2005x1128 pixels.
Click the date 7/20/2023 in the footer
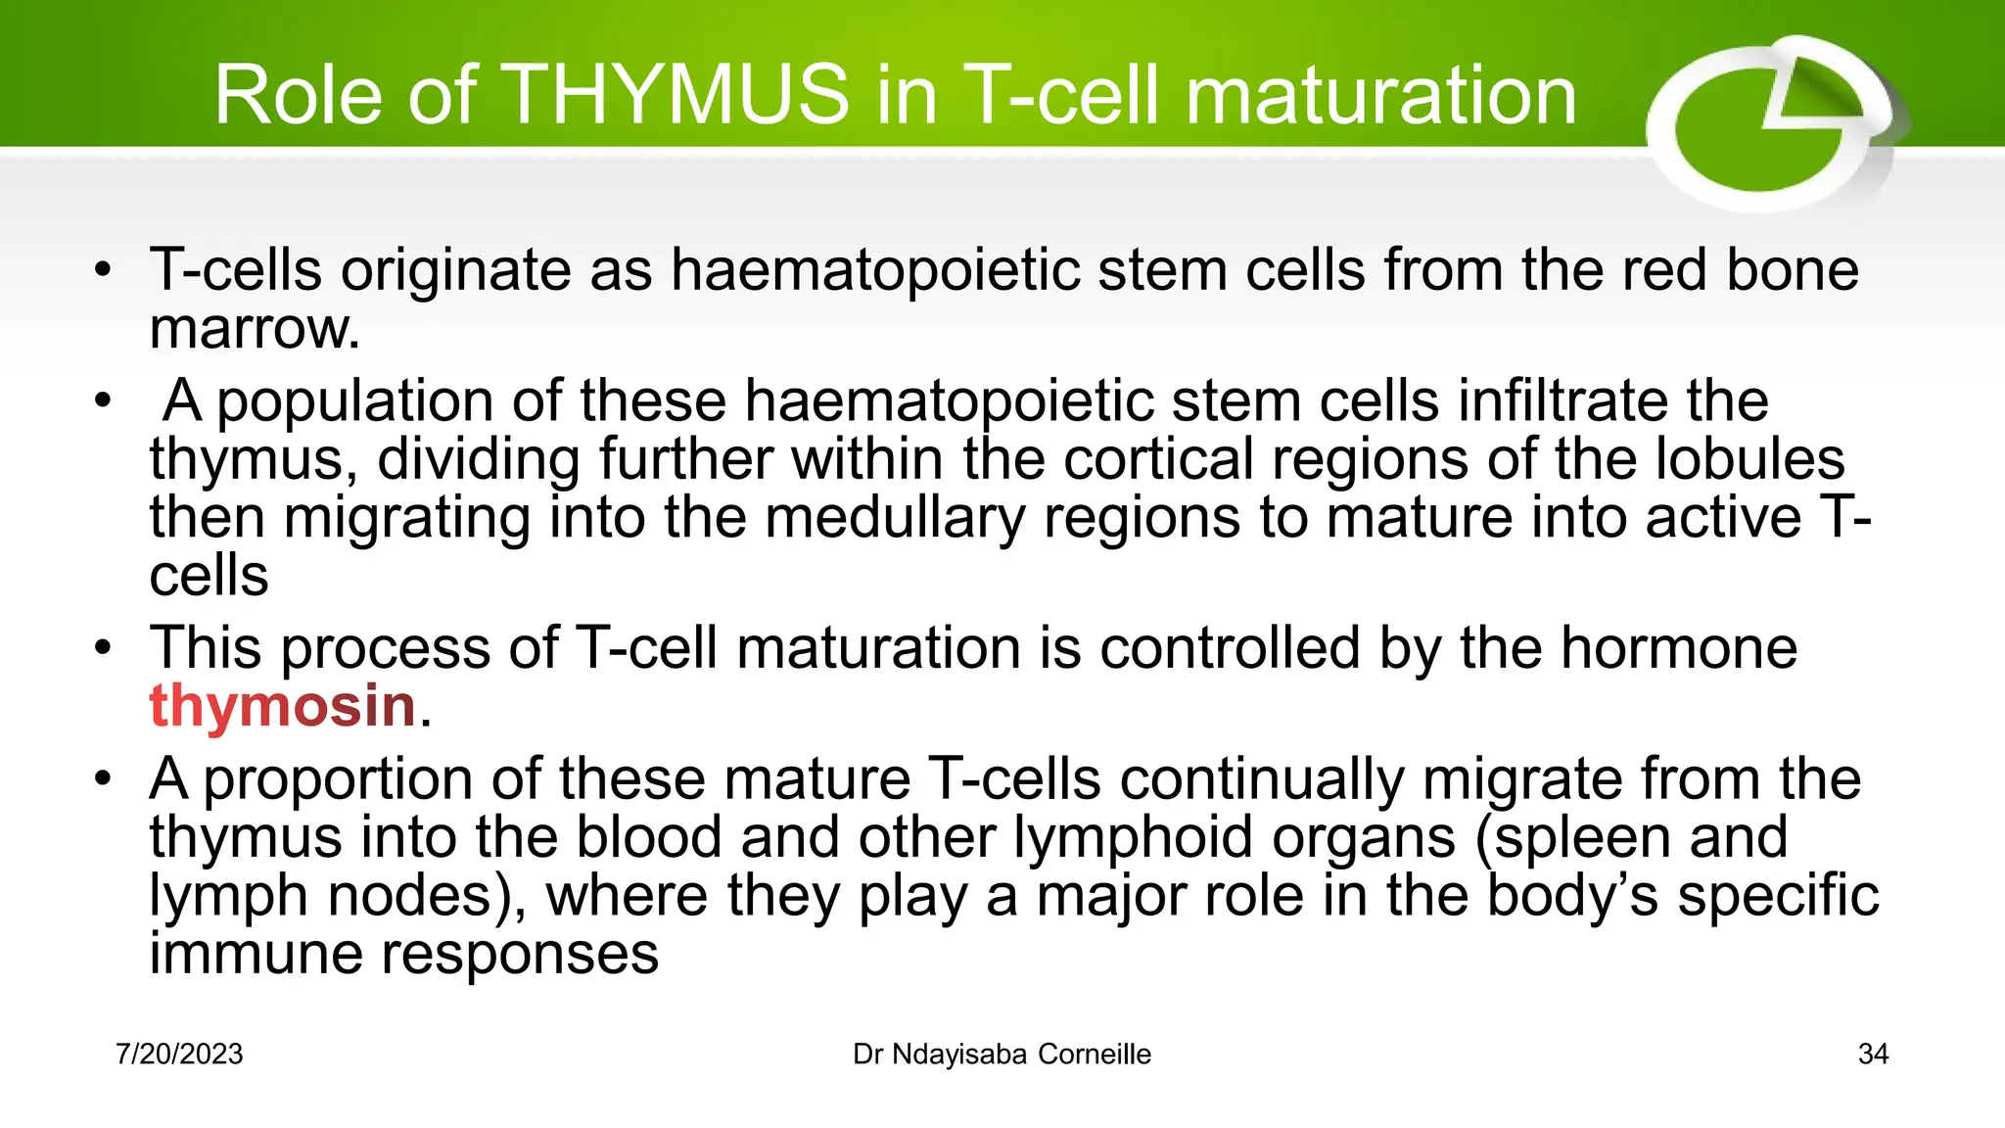179,1055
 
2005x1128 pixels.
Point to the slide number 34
1873,1055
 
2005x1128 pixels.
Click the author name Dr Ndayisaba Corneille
1002,1055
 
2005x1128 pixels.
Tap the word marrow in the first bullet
254,329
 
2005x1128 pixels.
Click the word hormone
1678,648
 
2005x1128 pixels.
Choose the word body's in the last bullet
1573,895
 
